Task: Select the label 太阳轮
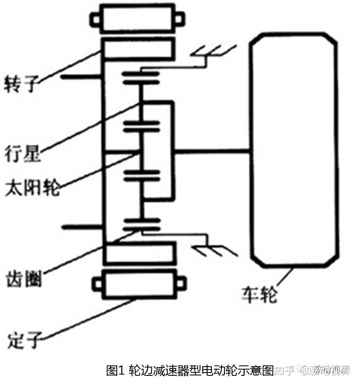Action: click(32, 188)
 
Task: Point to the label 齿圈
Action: click(24, 278)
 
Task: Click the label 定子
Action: click(24, 340)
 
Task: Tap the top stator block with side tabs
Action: click(137, 19)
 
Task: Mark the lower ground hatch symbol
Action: click(213, 249)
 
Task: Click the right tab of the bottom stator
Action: click(180, 283)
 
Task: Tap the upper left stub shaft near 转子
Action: click(81, 77)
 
